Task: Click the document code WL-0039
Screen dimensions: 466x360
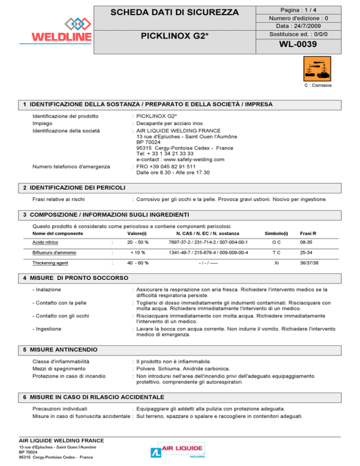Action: coord(303,45)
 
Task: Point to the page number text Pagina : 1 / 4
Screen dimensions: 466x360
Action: coord(303,9)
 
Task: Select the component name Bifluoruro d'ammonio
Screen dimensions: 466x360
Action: coord(55,253)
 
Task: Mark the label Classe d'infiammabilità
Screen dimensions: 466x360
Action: coord(61,361)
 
